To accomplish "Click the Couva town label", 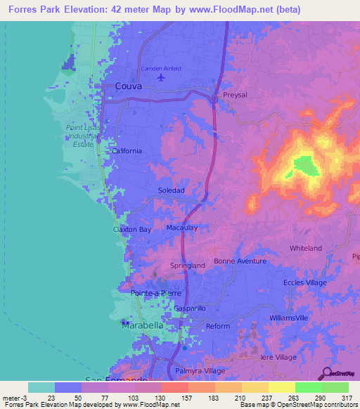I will (x=128, y=86).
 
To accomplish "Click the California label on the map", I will (x=127, y=150).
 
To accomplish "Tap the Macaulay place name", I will (x=181, y=228).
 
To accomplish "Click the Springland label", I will (x=188, y=266).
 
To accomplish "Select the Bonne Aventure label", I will (x=240, y=261).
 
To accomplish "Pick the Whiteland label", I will (x=306, y=248).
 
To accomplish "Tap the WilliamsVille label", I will (x=289, y=318).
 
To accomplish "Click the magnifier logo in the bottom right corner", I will (x=326, y=372).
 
